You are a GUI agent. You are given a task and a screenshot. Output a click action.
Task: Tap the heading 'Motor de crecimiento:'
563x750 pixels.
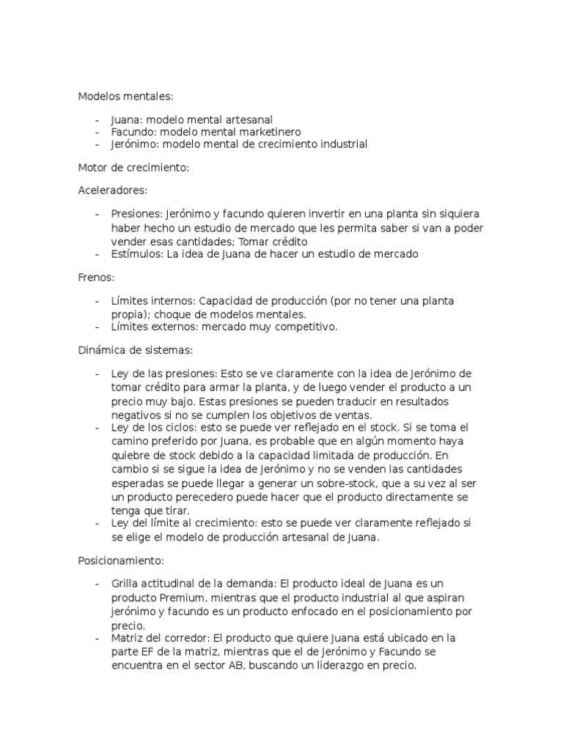[133, 168]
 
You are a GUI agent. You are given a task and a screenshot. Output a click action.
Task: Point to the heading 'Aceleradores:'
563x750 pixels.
[113, 190]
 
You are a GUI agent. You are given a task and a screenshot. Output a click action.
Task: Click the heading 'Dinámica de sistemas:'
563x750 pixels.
[135, 351]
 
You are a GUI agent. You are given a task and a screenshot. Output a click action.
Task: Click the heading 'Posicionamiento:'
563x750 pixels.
[121, 560]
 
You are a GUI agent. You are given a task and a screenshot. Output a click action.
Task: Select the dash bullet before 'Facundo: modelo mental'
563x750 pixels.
[97, 132]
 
